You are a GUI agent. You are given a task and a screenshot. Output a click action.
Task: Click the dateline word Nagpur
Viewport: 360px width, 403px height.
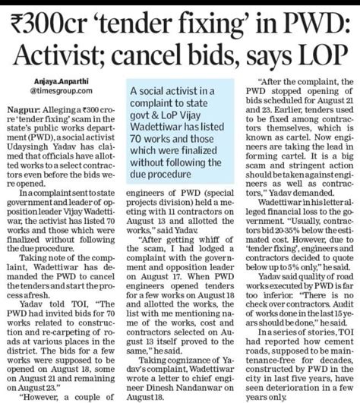22,111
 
